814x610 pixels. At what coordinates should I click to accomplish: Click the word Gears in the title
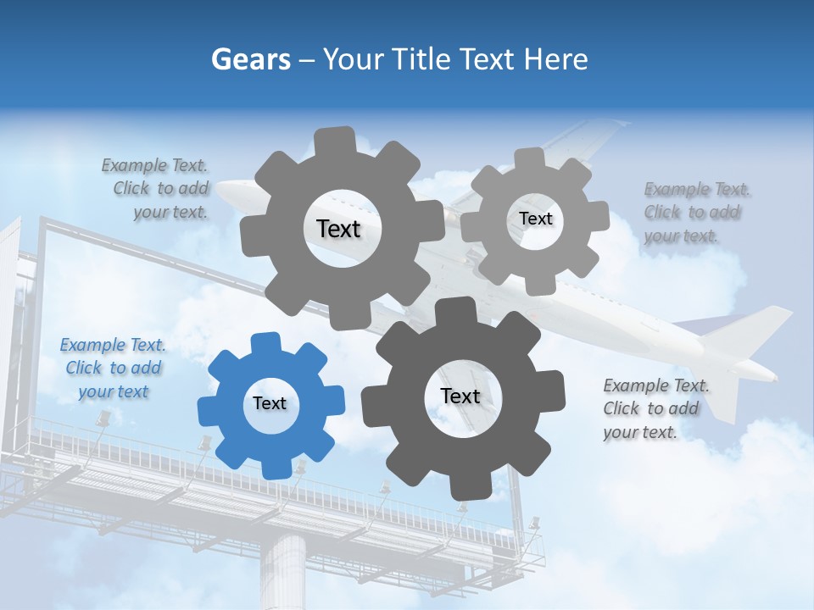[251, 59]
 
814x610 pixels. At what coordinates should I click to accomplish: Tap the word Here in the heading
[555, 59]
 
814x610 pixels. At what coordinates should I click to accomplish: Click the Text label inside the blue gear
[270, 404]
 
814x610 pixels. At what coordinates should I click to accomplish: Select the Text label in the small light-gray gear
[536, 219]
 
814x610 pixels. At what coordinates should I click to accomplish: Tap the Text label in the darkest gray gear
[460, 396]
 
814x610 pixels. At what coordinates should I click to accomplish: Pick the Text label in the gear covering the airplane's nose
[338, 229]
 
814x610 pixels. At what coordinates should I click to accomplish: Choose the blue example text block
[114, 368]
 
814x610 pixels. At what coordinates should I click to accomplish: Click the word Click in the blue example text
[84, 368]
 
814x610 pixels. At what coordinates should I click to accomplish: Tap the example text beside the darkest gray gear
[656, 408]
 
